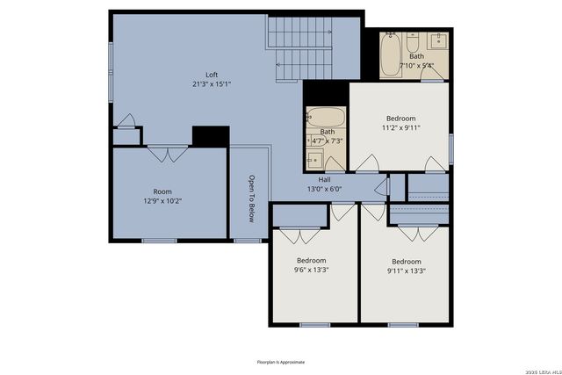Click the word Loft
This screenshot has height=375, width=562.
[x=211, y=75]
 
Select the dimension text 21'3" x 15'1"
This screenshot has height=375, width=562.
[x=211, y=84]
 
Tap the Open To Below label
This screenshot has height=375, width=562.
[x=250, y=198]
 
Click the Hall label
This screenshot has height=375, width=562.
[x=324, y=179]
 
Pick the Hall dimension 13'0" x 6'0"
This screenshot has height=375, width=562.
[x=324, y=189]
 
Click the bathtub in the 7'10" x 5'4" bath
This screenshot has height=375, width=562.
[x=392, y=54]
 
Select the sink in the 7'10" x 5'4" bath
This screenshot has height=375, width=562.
[x=437, y=41]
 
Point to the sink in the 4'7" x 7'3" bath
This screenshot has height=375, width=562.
[x=313, y=159]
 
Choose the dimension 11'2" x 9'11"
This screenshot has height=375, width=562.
[x=400, y=127]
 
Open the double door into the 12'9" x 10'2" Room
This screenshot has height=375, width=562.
[x=162, y=155]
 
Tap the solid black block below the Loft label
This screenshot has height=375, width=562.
[x=210, y=136]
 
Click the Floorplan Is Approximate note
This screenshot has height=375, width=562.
[x=281, y=361]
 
